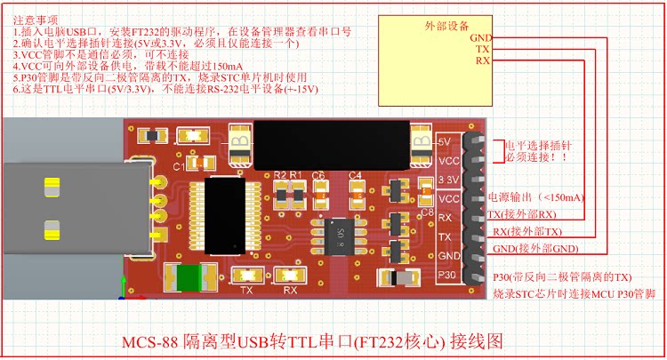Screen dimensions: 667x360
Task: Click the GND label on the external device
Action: click(x=481, y=37)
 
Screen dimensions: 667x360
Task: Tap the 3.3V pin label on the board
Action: click(x=449, y=180)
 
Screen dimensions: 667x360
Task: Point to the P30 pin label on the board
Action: click(x=448, y=276)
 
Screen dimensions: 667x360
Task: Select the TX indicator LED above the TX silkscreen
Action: click(x=246, y=276)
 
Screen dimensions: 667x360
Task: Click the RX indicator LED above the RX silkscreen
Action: click(x=290, y=276)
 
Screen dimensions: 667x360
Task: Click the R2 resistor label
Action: click(x=281, y=174)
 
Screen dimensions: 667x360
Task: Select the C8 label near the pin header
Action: click(x=426, y=213)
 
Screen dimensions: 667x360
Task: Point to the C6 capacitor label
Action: click(x=318, y=174)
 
